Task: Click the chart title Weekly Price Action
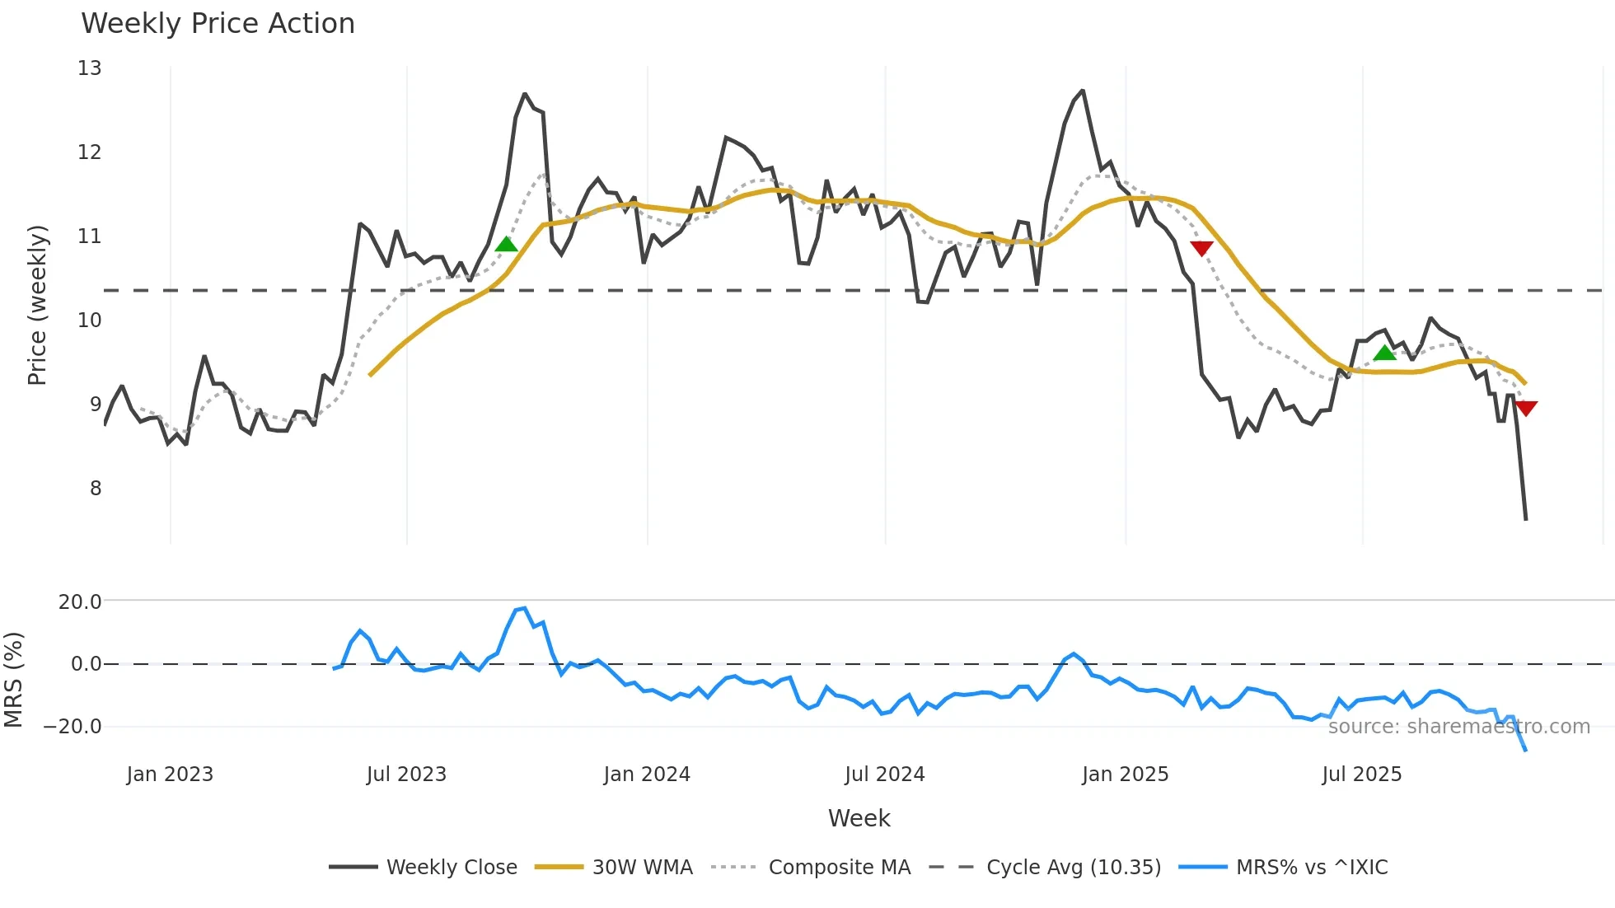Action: click(x=218, y=24)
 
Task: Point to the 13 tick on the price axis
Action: click(x=90, y=68)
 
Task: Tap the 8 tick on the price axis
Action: click(x=96, y=489)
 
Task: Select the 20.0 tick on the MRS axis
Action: click(x=80, y=602)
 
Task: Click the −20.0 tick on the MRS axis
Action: click(x=73, y=727)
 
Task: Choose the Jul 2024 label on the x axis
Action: click(x=884, y=775)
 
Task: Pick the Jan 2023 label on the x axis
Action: click(x=170, y=775)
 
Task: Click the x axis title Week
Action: click(x=859, y=818)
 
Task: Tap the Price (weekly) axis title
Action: click(x=37, y=305)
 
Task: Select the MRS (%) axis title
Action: click(x=13, y=680)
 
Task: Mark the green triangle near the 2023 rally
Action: click(x=506, y=245)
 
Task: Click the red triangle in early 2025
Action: click(x=1201, y=248)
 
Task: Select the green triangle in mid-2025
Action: click(x=1384, y=353)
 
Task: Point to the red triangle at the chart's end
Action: click(x=1525, y=408)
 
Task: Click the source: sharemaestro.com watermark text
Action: click(x=1458, y=727)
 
